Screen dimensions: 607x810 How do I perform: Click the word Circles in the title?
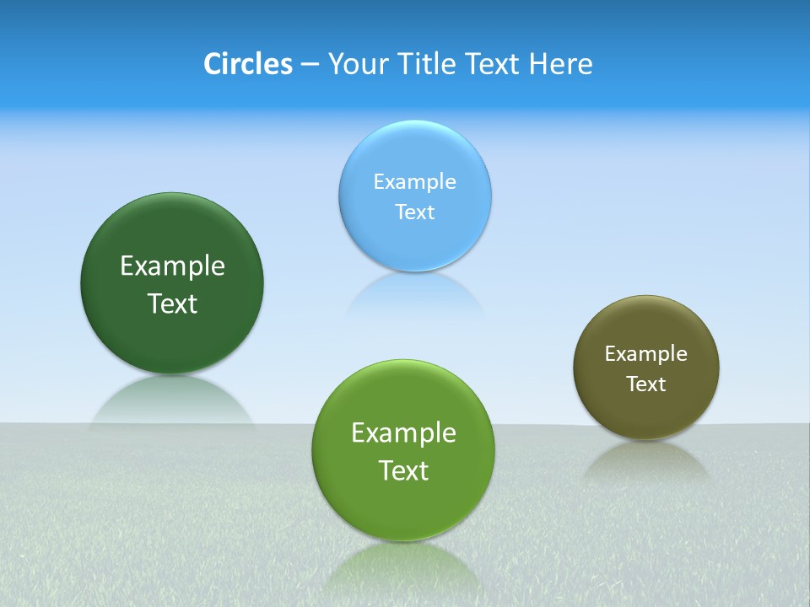(x=248, y=64)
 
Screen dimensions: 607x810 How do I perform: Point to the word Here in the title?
(x=561, y=64)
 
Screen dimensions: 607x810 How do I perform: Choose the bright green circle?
(x=403, y=506)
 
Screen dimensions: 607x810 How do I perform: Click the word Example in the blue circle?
(x=414, y=181)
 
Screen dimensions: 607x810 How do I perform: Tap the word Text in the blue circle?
(x=414, y=212)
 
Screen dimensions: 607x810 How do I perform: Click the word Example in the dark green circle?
(x=172, y=266)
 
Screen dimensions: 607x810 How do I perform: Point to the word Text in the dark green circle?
(x=172, y=303)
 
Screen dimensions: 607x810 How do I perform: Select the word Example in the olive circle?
(x=646, y=354)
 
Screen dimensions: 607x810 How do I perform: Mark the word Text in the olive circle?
(x=646, y=384)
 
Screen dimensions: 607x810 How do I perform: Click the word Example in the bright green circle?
(x=403, y=433)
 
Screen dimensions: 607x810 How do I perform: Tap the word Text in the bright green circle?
(x=403, y=470)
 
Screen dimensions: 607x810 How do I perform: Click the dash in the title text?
(x=309, y=65)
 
